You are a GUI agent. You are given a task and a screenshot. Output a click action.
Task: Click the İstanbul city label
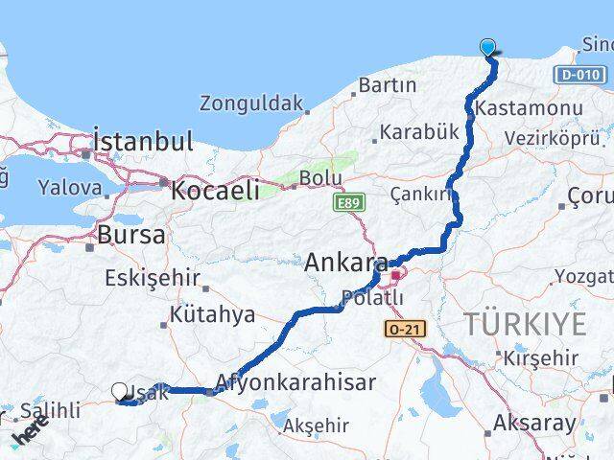tap(144, 142)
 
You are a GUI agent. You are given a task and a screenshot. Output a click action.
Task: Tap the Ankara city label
tap(346, 263)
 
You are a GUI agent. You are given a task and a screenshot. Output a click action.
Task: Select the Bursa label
tap(131, 235)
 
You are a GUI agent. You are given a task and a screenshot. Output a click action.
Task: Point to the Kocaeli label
tap(215, 190)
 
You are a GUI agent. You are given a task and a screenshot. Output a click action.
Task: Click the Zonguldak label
tap(251, 103)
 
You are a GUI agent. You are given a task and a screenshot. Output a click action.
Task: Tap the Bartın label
tap(387, 84)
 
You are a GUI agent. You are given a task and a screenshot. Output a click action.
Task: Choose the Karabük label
tap(419, 132)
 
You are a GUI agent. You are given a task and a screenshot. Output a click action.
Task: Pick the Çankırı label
tap(420, 194)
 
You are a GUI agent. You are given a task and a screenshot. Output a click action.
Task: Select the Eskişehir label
tap(151, 279)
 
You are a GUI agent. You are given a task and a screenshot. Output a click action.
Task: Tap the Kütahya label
tap(212, 314)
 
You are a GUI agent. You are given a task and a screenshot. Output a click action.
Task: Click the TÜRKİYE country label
tap(525, 324)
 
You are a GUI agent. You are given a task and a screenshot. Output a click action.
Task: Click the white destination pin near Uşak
tap(120, 392)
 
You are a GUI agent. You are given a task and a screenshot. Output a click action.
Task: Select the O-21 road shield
tap(402, 329)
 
